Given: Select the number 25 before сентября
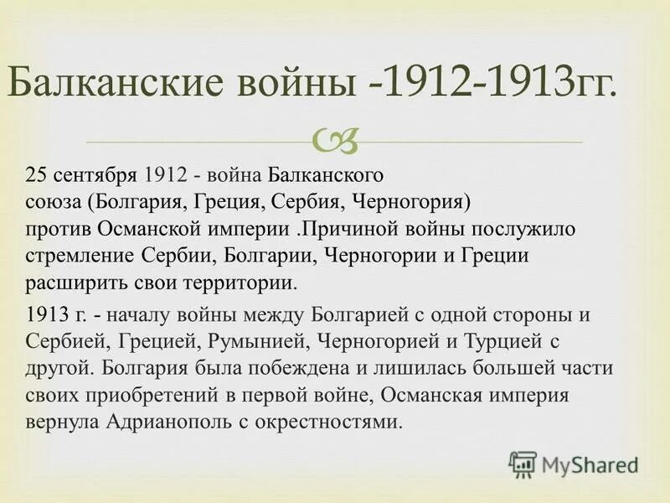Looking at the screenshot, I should pyautogui.click(x=35, y=177).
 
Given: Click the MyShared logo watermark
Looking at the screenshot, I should pyautogui.click(x=574, y=464).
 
